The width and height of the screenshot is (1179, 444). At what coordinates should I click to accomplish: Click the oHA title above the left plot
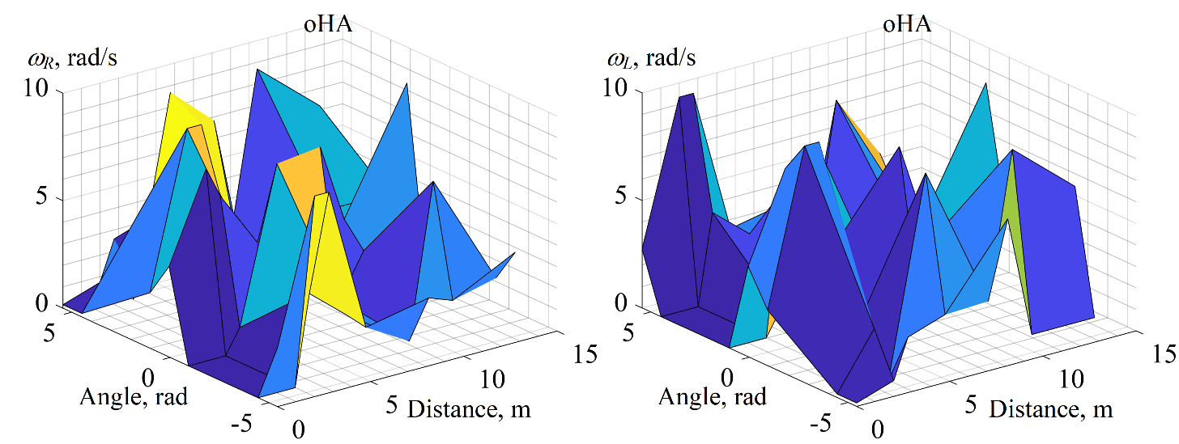tap(328, 24)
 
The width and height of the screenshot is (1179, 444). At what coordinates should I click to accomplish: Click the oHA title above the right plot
tap(907, 24)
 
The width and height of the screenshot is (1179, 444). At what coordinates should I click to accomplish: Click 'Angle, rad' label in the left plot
tap(134, 397)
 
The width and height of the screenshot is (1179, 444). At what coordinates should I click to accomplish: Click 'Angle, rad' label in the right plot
tap(713, 397)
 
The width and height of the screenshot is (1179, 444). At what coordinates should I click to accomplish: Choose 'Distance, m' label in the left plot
tap(469, 409)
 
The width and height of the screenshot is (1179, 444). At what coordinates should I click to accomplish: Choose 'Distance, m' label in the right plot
tap(1050, 409)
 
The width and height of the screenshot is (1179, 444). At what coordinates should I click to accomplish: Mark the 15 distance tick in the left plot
tap(581, 353)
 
